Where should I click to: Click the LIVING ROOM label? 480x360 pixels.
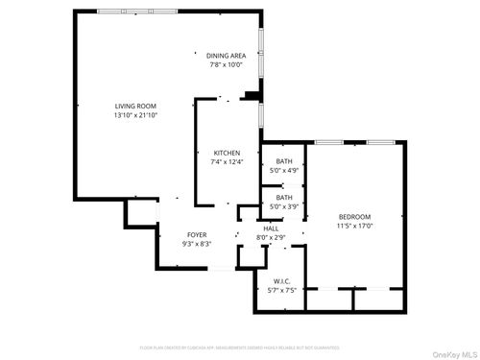(135, 106)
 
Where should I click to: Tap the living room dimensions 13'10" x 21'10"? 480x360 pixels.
(135, 115)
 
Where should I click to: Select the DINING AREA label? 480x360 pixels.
(226, 56)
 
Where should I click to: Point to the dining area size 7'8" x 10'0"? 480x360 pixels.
(226, 65)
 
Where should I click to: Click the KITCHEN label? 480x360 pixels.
(227, 153)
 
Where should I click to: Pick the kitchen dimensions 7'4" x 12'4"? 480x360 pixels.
(228, 162)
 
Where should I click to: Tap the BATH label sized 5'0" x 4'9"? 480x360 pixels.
(284, 160)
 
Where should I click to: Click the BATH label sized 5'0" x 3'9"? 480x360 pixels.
(284, 197)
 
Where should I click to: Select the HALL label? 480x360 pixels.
(271, 228)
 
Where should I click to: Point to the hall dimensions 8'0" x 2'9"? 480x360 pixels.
(271, 236)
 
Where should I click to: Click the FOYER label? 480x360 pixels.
(197, 234)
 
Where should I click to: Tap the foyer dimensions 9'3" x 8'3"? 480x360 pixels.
(197, 244)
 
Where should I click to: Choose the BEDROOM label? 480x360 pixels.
(354, 217)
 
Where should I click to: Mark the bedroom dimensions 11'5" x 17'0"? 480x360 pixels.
(354, 227)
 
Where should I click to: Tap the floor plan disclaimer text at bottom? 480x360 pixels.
(240, 347)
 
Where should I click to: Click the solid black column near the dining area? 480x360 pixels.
(252, 94)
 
